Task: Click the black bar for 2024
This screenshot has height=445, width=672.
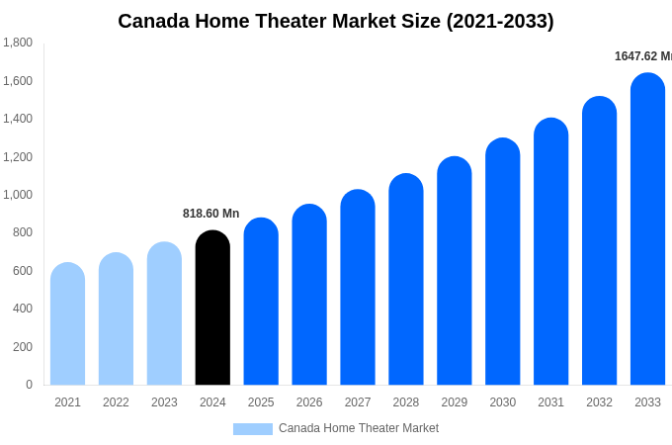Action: click(212, 309)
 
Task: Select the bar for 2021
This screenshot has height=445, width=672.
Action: click(67, 324)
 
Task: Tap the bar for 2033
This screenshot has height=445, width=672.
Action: click(647, 229)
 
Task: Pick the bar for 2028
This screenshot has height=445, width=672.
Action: click(406, 280)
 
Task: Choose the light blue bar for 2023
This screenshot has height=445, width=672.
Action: click(164, 313)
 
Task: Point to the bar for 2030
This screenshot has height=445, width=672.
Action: click(502, 262)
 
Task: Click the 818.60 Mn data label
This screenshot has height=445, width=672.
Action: click(210, 214)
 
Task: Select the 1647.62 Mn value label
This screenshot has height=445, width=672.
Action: click(642, 56)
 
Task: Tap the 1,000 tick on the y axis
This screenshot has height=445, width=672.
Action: click(17, 195)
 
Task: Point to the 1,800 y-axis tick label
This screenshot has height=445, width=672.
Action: click(17, 43)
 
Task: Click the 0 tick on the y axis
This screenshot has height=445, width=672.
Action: click(29, 385)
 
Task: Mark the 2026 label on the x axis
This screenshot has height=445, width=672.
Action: click(309, 402)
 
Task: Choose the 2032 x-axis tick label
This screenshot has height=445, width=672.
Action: click(599, 402)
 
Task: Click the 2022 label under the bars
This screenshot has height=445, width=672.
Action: click(116, 402)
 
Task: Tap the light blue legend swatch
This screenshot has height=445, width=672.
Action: click(252, 429)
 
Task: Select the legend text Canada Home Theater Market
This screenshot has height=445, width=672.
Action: click(359, 428)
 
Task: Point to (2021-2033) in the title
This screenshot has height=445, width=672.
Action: click(500, 21)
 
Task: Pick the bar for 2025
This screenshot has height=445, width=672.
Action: click(261, 302)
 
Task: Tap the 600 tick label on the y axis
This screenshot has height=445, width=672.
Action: click(22, 271)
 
